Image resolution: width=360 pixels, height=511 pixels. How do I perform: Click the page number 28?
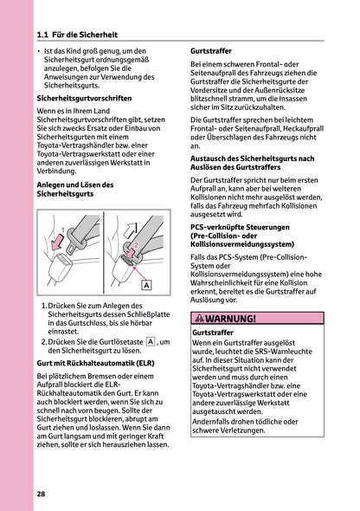pyautogui.click(x=42, y=493)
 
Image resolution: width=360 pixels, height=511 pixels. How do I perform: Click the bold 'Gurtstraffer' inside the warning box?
pyautogui.click(x=213, y=333)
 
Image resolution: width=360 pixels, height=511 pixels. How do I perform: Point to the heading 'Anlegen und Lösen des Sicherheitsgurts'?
pyautogui.click(x=76, y=190)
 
